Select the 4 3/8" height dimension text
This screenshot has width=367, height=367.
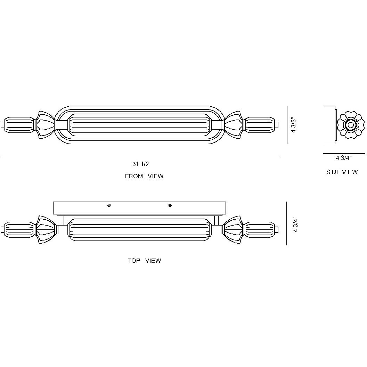(x=294, y=125)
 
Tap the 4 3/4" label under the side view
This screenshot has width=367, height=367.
(x=344, y=158)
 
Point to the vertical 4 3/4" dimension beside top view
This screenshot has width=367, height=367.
(x=295, y=225)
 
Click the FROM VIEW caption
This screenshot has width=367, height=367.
(x=144, y=177)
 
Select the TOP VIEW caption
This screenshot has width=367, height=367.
(x=144, y=261)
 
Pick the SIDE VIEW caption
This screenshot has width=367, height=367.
(x=342, y=172)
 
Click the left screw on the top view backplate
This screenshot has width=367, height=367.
(x=109, y=206)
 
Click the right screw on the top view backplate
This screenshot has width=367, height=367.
(x=170, y=206)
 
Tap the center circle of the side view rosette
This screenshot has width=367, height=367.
(x=350, y=125)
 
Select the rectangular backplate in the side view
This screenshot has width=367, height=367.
(x=329, y=125)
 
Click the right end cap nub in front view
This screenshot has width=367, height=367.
(x=277, y=125)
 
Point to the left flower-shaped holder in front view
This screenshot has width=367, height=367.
(x=45, y=125)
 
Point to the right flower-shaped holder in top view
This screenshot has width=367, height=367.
(x=234, y=229)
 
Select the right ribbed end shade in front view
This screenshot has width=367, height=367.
(x=259, y=125)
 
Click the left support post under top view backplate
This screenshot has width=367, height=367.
(x=62, y=220)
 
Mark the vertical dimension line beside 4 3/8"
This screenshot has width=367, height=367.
(x=287, y=125)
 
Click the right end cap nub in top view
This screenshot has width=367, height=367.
(x=277, y=229)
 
